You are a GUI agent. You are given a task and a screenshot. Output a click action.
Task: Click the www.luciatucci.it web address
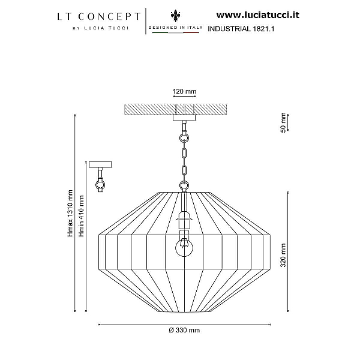point(258,15)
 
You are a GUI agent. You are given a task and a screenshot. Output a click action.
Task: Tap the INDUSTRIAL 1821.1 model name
point(241,29)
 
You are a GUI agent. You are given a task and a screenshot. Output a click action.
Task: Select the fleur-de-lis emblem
point(176,16)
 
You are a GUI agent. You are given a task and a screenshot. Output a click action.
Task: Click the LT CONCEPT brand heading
point(99,17)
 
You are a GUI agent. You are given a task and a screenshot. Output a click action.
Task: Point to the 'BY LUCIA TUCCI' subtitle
point(101,28)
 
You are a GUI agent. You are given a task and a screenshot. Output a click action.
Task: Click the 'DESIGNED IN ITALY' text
point(176,28)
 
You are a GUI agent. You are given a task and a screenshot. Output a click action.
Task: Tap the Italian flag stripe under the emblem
point(176,32)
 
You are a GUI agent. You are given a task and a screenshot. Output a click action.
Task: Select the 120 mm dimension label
point(185,91)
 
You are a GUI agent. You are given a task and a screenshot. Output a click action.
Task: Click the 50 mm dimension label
point(284,122)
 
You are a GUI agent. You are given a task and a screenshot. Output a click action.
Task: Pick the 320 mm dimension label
point(284,256)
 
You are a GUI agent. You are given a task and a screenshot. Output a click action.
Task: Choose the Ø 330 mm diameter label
point(184,330)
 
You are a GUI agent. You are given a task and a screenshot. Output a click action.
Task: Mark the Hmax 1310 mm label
point(70,213)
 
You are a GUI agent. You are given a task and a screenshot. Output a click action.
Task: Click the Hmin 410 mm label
point(82,216)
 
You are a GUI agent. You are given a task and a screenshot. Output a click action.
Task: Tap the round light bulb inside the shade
point(184,248)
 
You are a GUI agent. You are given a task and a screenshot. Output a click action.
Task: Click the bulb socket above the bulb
point(184,221)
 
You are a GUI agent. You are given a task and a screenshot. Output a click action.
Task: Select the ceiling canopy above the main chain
point(184,118)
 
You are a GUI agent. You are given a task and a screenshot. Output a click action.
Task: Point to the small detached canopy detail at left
point(100,176)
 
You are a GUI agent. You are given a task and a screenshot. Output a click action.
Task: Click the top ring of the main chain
point(184,138)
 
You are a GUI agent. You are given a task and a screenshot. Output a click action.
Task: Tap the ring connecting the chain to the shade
point(184,185)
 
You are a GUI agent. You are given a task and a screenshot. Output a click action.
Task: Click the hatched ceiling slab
point(176,110)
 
